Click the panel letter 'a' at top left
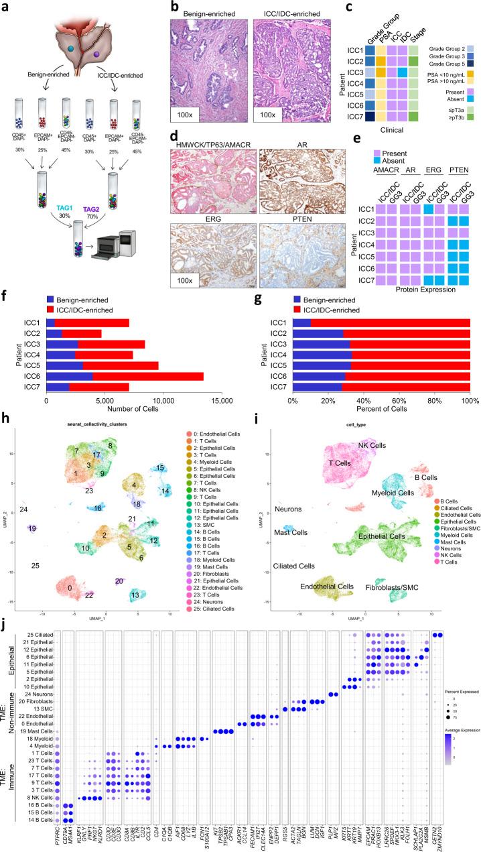click(5, 6)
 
